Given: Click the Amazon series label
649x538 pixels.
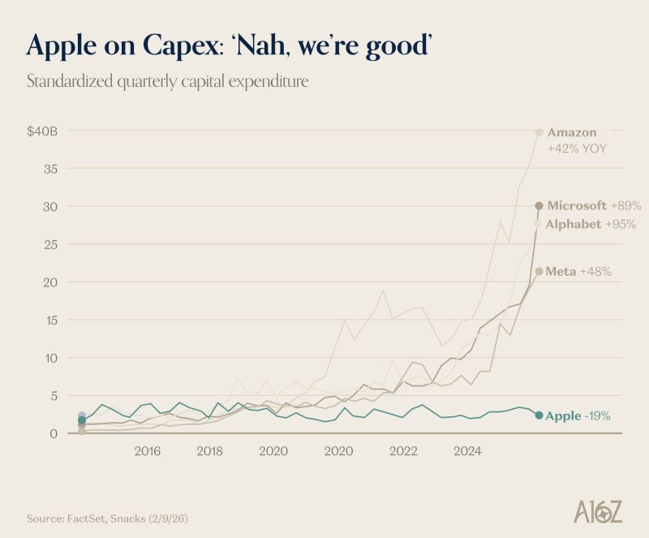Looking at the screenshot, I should click(x=572, y=132).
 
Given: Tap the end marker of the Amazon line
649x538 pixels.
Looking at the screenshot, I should click(x=539, y=132).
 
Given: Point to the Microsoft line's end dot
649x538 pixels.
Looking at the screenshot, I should click(x=539, y=205).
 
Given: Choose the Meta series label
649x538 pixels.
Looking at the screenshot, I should click(x=561, y=271).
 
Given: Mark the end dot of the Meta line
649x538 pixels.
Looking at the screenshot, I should click(x=539, y=271).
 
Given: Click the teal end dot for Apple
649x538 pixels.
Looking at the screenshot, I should click(x=539, y=415).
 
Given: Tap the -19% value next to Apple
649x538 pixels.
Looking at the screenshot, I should click(x=597, y=416).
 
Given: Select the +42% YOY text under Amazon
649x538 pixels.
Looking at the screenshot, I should click(x=577, y=148).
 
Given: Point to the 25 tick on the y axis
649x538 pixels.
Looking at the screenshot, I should click(x=50, y=244).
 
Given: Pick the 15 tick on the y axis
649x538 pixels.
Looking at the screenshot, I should click(x=50, y=320).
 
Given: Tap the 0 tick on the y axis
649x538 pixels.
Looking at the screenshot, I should click(x=54, y=433).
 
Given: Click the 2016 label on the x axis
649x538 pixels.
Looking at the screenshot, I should click(x=147, y=450).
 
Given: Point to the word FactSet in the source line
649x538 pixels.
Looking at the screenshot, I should click(x=84, y=516).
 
